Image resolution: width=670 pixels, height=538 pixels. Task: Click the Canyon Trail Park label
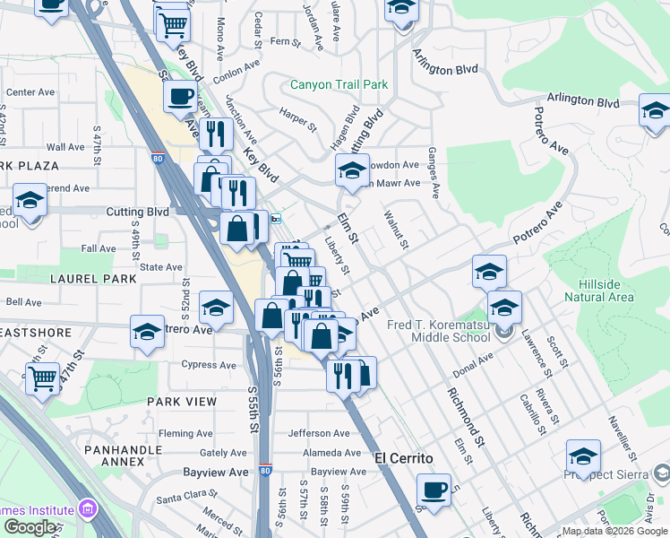pos(339,85)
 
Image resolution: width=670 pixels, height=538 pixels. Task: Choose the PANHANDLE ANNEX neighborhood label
pos(114,455)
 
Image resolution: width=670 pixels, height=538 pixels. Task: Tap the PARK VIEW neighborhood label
pos(182,402)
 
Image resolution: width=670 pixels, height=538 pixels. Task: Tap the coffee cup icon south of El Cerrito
pos(434,490)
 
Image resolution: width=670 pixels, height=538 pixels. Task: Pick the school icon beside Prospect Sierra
pos(583,456)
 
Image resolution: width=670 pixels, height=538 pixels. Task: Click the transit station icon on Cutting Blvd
pos(277,218)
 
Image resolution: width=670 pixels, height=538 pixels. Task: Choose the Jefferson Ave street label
pos(318,433)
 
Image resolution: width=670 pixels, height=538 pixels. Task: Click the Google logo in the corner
pos(30,527)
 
